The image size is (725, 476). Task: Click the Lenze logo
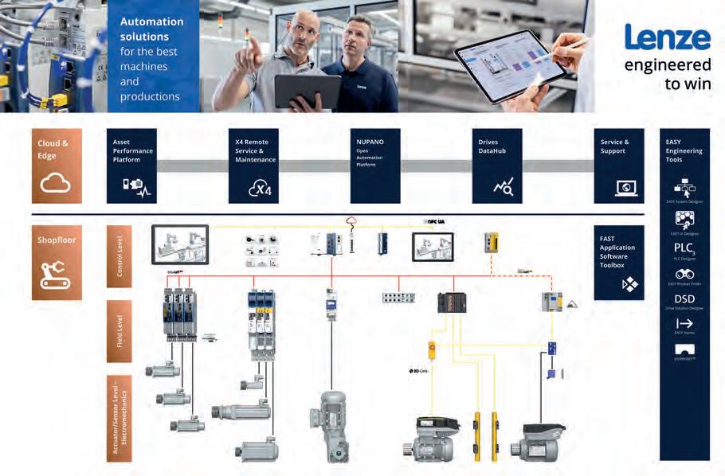click(667, 37)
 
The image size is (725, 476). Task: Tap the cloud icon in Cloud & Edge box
click(56, 184)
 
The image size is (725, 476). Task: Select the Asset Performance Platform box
click(131, 166)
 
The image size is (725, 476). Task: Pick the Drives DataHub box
click(497, 166)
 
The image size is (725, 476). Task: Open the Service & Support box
click(619, 166)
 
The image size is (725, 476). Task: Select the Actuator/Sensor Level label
click(120, 418)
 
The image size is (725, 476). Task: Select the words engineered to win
click(668, 74)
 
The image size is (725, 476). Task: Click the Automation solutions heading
click(151, 29)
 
